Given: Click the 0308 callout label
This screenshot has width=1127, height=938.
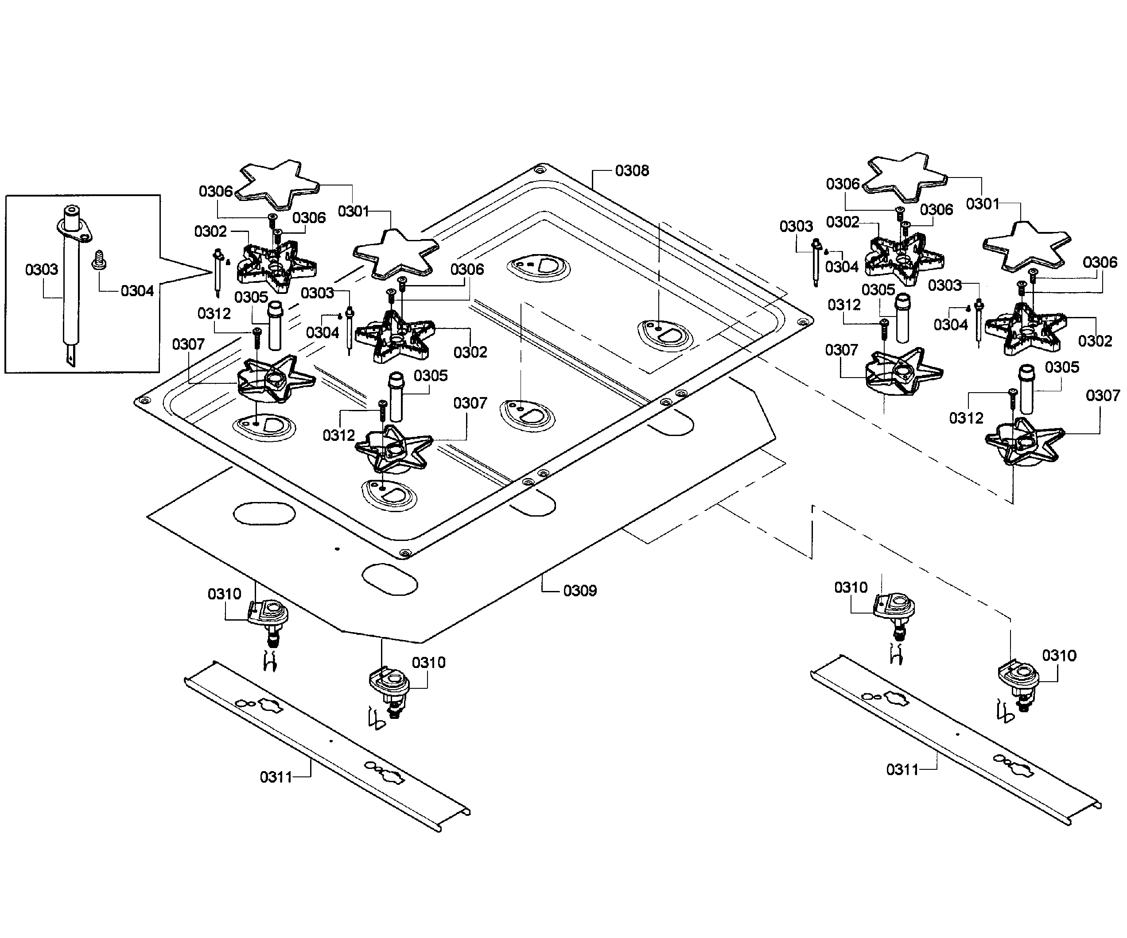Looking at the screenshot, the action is point(632,170).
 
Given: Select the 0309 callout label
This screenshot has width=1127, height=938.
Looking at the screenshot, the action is point(580,591).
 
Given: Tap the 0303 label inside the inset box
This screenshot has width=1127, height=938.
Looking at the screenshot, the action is point(42,269).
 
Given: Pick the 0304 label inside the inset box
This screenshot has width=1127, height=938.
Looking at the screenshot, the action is point(137,291).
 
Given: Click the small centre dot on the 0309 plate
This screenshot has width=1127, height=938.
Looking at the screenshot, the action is point(337,548).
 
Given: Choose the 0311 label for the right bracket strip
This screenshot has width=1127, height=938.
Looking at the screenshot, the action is point(903,770).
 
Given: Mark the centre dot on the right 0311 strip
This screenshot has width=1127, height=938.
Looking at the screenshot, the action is point(957,734).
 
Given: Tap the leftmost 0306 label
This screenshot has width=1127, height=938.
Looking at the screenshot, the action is point(216,192).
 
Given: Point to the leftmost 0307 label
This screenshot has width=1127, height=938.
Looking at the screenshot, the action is point(188,344).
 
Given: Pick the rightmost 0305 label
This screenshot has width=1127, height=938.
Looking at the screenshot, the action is point(1062,367).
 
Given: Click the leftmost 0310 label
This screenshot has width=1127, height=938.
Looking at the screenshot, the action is point(224,594).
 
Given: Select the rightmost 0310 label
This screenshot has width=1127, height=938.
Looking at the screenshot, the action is point(1059,656).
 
